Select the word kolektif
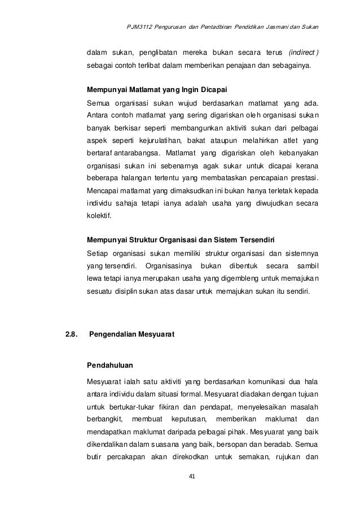click(99, 215)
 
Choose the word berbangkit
click(104, 419)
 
